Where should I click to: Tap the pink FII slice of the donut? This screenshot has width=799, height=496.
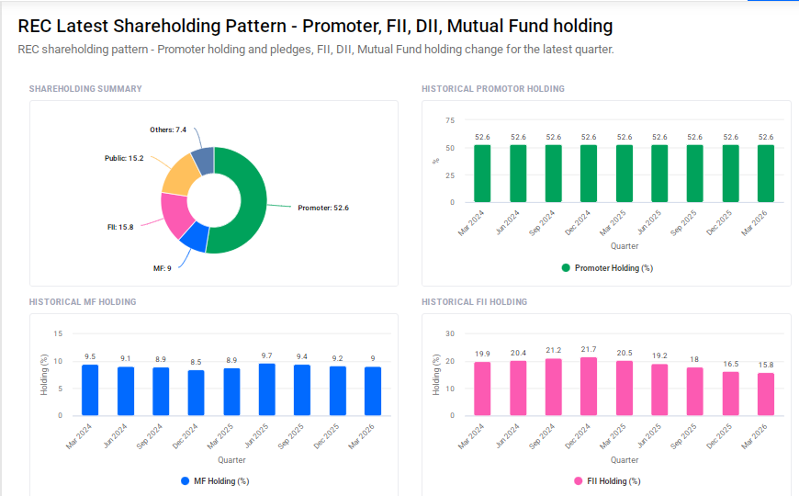[x=174, y=213]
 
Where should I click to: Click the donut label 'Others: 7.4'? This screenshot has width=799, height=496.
[x=168, y=130]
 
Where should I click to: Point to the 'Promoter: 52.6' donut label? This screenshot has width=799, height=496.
[x=322, y=208]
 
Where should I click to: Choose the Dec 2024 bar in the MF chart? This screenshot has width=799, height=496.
[x=196, y=392]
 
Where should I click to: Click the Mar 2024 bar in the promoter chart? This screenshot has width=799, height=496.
[x=482, y=174]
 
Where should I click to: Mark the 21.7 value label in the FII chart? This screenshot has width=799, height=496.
[x=589, y=349]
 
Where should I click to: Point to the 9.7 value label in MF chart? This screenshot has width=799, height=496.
[x=266, y=355]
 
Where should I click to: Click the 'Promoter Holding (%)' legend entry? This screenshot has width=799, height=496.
[x=606, y=268]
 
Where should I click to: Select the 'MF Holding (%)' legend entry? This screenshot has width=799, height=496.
[x=214, y=480]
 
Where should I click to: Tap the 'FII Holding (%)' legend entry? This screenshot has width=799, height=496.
[x=606, y=480]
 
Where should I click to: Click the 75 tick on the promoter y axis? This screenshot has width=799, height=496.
[x=450, y=120]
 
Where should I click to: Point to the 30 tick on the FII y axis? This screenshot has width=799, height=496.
[x=450, y=333]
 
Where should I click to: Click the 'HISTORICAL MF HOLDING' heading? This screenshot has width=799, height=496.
[x=83, y=301]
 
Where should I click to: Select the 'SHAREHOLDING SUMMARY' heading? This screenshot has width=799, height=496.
[x=85, y=89]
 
